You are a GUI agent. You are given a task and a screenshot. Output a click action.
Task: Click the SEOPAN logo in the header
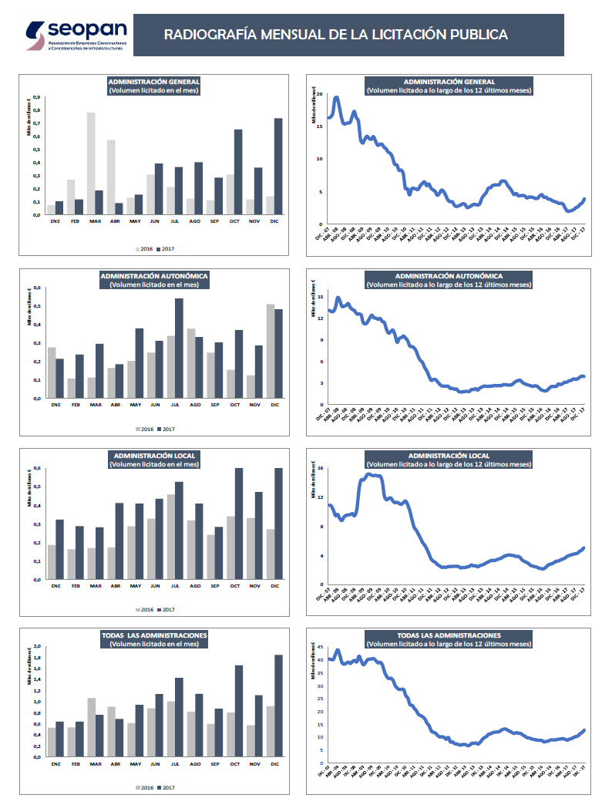76,35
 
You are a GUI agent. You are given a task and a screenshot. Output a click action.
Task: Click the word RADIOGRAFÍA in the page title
210,35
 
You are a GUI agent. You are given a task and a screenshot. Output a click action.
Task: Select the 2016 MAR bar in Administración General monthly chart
91,163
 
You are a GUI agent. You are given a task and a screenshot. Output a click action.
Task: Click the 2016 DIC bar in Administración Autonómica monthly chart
270,352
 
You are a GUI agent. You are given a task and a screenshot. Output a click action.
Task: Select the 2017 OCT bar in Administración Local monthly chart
239,524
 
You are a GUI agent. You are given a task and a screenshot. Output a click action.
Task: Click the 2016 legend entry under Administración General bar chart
144,249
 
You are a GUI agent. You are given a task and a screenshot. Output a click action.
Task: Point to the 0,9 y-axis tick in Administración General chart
35,98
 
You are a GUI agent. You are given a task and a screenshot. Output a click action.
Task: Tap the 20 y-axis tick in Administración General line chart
319,93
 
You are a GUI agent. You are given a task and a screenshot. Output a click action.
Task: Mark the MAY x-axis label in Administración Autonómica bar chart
135,405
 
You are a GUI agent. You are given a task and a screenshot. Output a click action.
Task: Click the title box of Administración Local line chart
449,460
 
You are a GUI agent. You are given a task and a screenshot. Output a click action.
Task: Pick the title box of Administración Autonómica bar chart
154,280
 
